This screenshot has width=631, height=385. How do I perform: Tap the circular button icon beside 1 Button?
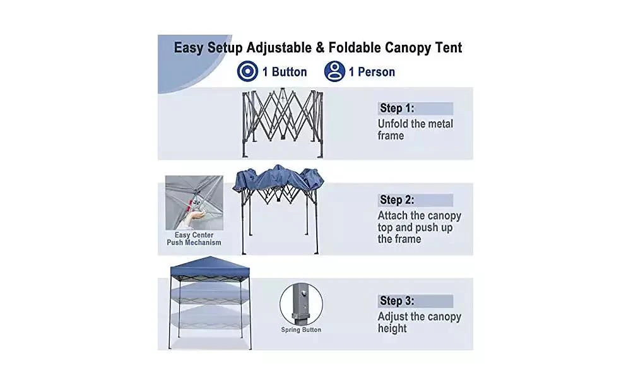point(247,71)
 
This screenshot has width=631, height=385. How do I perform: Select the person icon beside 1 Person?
point(334,71)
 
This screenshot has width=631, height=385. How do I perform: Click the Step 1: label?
point(397,109)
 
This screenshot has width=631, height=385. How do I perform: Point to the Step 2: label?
point(397,200)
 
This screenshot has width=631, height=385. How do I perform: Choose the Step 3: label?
point(397,301)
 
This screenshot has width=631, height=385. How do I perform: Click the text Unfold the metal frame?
point(415,129)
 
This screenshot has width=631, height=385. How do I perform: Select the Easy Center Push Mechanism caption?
point(194,239)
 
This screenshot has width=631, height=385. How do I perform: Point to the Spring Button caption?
point(301,330)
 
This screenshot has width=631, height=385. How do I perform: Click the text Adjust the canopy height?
point(419,323)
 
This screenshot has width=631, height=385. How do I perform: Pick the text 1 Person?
point(372,72)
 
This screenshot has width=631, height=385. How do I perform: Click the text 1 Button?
point(285,72)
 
